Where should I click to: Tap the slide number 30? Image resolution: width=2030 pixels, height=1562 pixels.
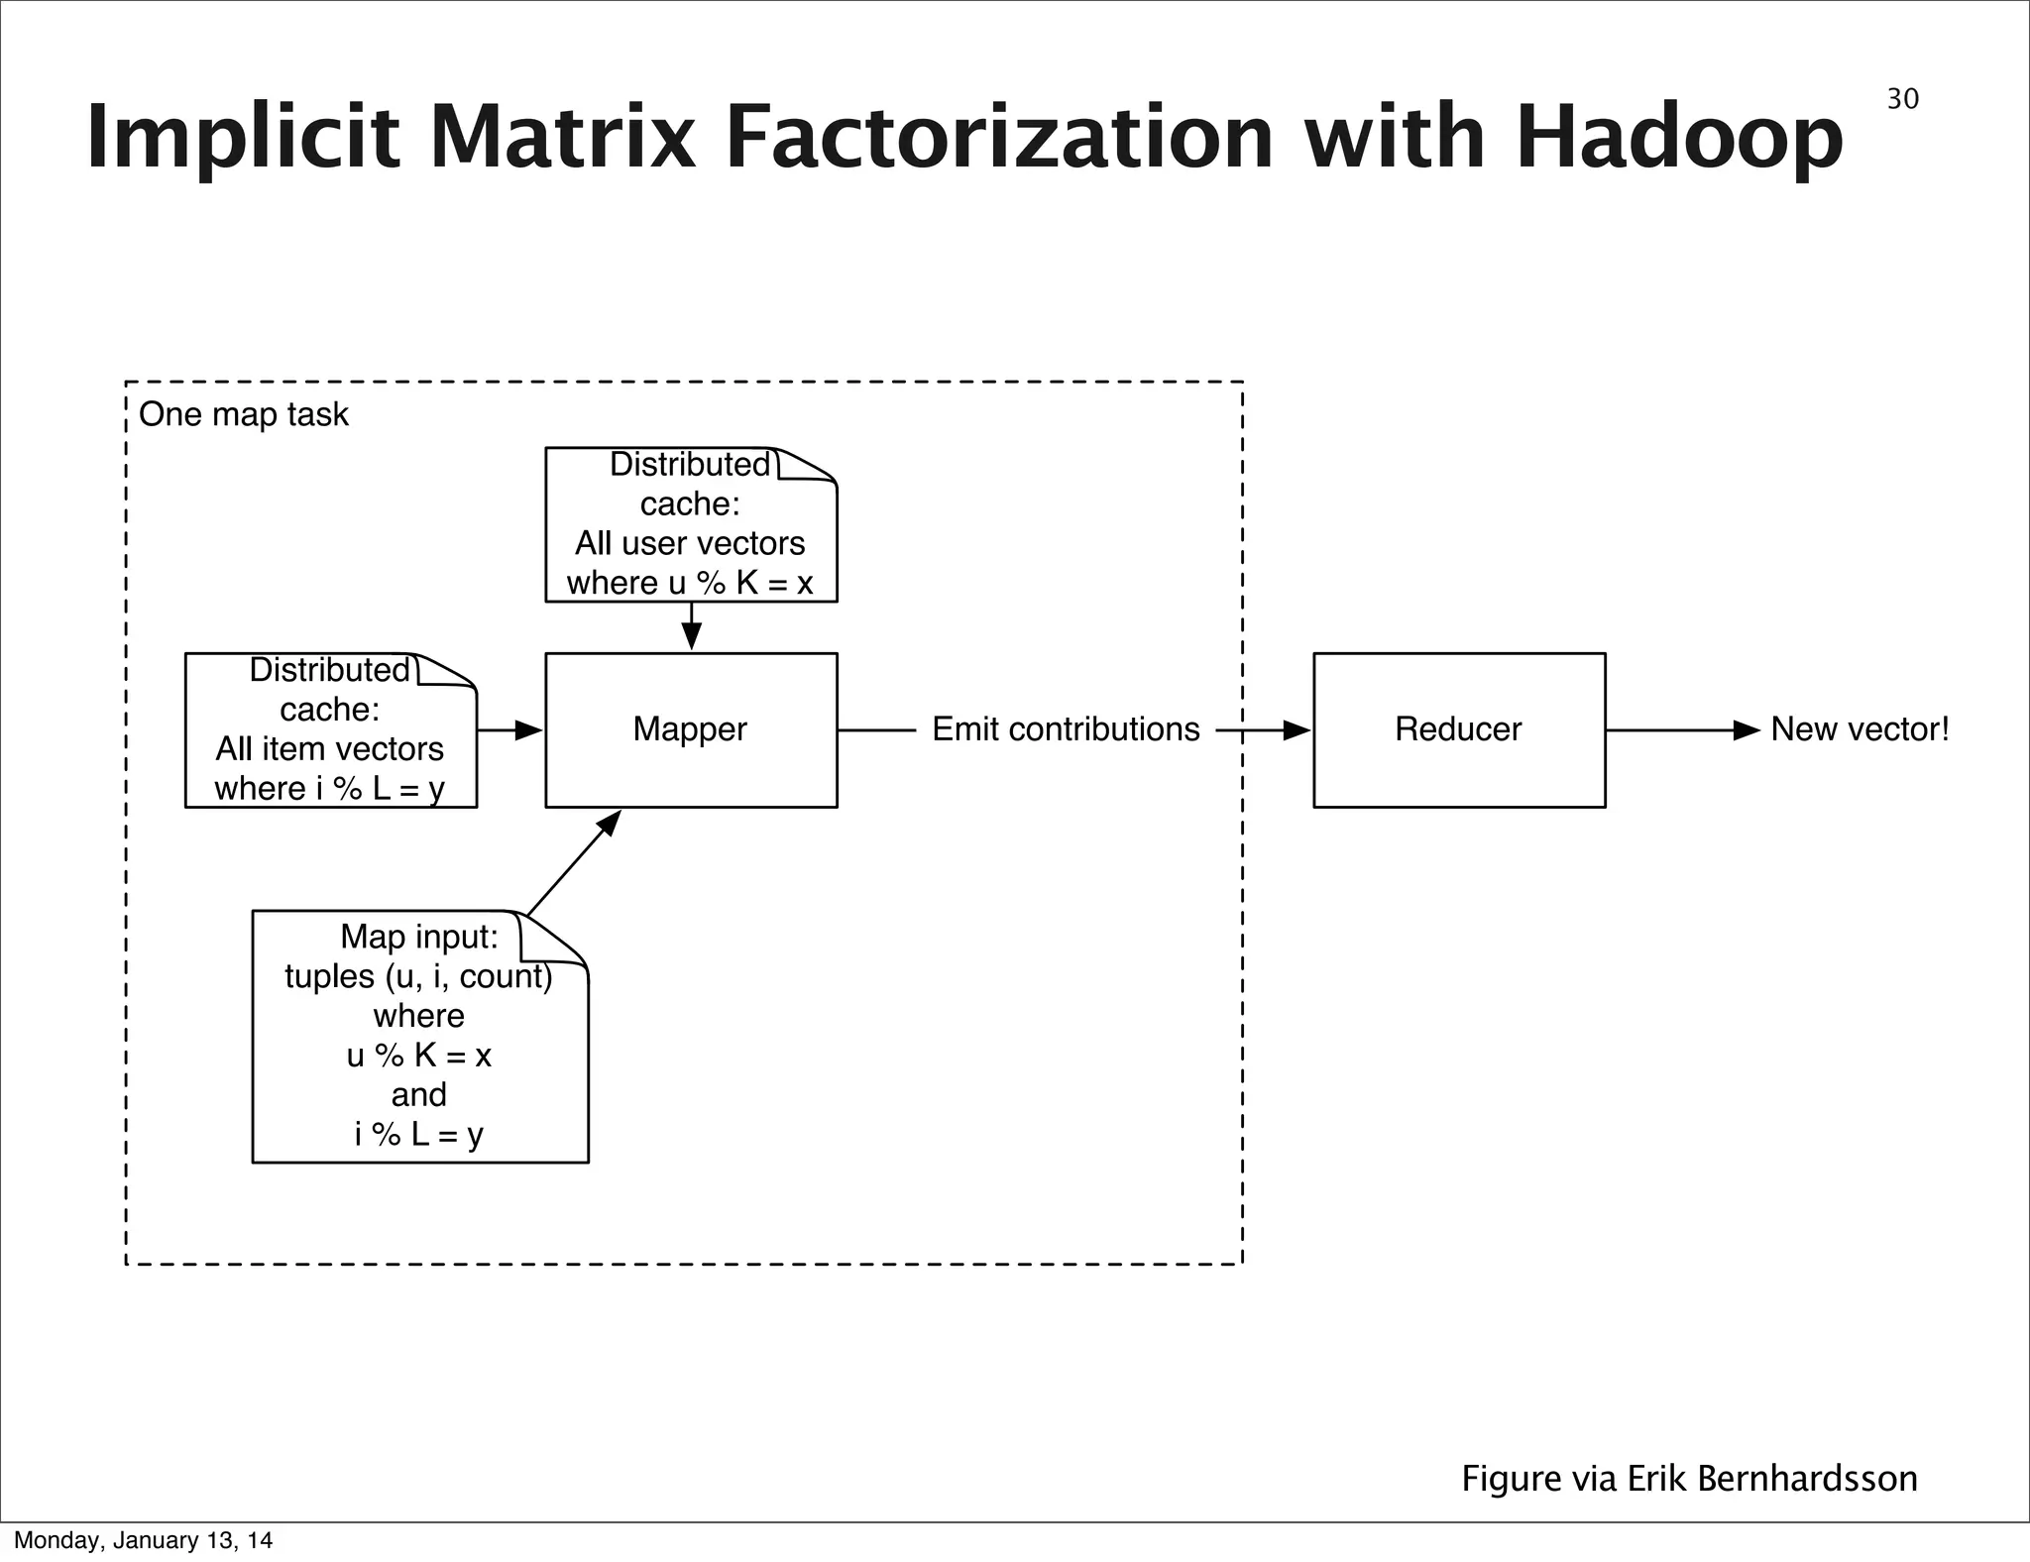1902,99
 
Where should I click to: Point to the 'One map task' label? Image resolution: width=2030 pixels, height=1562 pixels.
244,414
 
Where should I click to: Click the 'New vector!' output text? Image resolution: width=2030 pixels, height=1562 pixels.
1860,729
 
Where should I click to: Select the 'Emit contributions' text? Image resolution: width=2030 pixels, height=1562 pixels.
1066,729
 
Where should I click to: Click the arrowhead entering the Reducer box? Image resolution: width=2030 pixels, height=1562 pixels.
1297,730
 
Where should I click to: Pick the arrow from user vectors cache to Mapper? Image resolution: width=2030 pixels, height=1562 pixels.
692,627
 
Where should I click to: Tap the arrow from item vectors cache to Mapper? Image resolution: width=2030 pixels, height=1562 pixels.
511,730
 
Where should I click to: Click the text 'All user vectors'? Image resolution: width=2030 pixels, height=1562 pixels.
690,543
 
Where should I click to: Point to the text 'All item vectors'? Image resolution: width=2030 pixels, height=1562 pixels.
330,748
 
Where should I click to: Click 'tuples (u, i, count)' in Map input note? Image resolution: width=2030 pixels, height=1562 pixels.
418,976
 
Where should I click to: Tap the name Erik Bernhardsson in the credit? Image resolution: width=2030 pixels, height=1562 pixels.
1771,1478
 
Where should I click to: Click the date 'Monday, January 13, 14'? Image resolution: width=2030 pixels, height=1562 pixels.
143,1540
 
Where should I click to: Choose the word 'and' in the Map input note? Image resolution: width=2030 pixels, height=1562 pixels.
418,1095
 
